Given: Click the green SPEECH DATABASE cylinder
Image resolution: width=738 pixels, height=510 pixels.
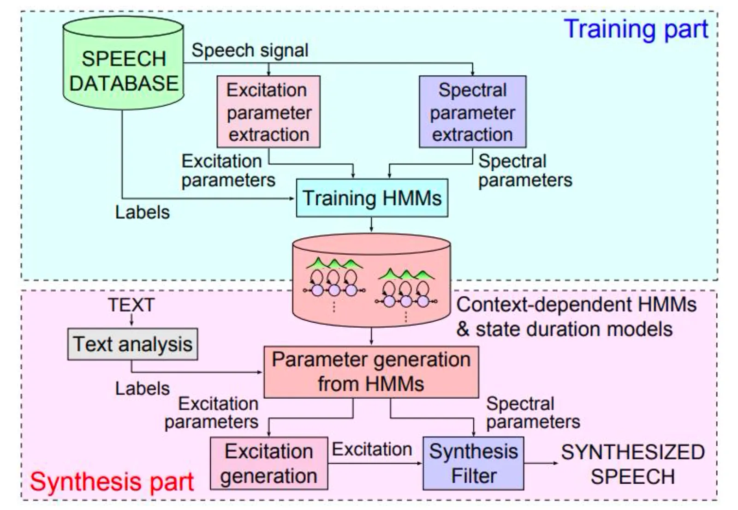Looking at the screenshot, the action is [124, 63].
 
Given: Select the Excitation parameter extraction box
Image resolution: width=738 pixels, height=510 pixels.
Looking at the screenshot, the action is [268, 112].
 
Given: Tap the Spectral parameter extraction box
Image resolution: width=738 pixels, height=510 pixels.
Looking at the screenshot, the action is [473, 112].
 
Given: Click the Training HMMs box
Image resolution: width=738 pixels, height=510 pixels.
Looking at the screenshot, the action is [372, 198].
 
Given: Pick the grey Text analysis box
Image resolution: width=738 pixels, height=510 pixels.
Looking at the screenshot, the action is [133, 344].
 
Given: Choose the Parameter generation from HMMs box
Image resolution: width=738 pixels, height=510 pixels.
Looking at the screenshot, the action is [371, 372].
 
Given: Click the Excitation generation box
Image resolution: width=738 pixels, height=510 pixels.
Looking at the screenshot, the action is [269, 463].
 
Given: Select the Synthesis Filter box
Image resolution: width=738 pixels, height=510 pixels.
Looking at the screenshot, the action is [473, 463].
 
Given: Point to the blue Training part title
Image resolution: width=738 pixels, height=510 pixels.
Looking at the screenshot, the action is [636, 30].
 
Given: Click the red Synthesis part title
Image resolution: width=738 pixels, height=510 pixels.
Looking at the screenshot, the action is [112, 482].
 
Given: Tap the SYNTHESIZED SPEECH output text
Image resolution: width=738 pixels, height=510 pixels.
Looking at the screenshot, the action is [633, 464].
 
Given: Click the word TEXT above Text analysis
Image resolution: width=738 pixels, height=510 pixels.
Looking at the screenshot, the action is [131, 305].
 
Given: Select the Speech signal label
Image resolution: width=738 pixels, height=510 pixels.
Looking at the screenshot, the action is [250, 51].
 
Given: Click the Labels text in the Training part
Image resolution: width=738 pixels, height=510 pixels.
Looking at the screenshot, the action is [143, 212].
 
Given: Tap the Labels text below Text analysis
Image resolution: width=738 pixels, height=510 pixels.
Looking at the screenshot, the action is [143, 389].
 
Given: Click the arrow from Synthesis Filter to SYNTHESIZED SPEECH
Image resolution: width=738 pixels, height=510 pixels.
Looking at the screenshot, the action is [541, 463].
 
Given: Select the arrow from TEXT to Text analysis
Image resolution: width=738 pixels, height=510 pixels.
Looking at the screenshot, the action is [131, 319].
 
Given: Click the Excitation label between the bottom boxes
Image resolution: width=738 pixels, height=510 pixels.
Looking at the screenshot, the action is [372, 450].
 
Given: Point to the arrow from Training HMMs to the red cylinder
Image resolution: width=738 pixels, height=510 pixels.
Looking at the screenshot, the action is [372, 224].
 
